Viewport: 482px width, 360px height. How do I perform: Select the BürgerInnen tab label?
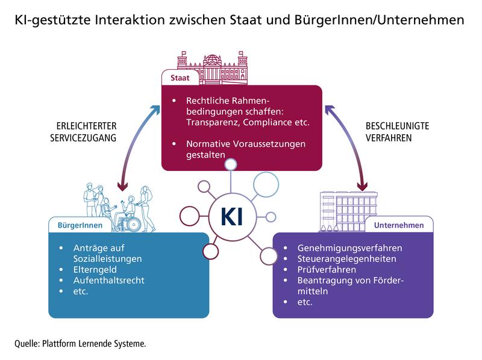[x=80, y=225]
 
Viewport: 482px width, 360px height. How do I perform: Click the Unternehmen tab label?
[x=398, y=225]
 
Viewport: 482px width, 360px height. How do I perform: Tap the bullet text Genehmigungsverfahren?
[x=349, y=248]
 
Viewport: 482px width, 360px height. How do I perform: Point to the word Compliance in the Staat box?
[x=275, y=123]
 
